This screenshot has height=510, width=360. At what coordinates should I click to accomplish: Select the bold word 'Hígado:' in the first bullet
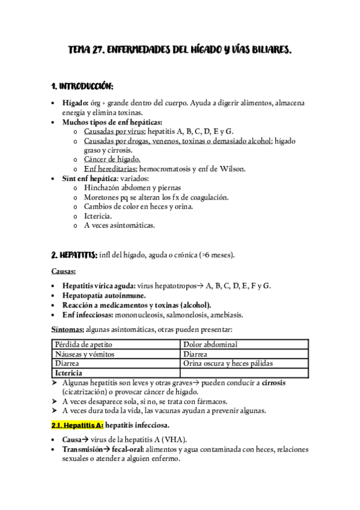76,103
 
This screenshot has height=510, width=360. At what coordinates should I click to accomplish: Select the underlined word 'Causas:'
63,271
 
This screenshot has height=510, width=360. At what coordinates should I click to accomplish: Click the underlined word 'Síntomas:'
67,330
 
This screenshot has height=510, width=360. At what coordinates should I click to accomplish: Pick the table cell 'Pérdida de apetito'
84,345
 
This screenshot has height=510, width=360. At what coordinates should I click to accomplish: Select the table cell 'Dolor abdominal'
210,345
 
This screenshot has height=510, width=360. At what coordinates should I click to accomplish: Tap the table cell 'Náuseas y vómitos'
85,354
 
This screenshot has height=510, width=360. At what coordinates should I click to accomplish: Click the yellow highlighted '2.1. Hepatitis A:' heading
77,425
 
